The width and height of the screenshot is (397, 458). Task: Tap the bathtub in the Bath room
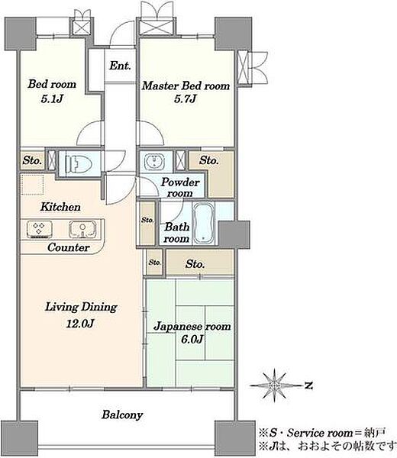click(x=204, y=223)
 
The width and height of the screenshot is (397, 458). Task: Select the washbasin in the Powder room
click(x=154, y=162)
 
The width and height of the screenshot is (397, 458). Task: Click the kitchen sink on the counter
click(x=82, y=229)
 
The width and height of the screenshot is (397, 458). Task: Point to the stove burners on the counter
click(x=40, y=228)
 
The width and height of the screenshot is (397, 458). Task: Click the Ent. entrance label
click(x=120, y=66)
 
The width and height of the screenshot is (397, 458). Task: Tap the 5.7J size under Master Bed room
click(x=186, y=99)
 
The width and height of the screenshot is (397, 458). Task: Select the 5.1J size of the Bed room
click(x=52, y=99)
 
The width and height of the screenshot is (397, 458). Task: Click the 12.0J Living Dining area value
click(x=79, y=324)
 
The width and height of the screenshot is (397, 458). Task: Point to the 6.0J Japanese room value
click(x=192, y=340)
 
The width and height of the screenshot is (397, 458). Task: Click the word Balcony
click(x=122, y=415)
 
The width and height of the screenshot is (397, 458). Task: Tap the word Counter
click(x=69, y=247)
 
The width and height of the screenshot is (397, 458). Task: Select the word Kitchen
click(x=60, y=207)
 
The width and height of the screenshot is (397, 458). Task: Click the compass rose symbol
click(x=274, y=385)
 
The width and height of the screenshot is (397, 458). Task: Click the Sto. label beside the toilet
click(x=31, y=160)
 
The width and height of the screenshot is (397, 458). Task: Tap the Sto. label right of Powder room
click(x=209, y=160)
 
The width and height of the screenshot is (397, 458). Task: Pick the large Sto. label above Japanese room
click(x=195, y=264)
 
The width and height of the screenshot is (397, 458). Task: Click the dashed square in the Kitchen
click(x=32, y=184)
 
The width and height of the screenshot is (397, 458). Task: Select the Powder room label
click(x=179, y=188)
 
